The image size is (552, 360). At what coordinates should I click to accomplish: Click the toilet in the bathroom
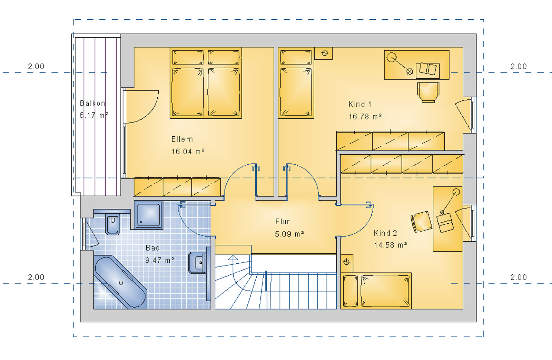[112, 225]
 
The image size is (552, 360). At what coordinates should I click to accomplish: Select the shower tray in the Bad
[149, 215]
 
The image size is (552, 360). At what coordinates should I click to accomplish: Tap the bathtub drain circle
[121, 283]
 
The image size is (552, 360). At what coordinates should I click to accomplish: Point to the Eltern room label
[182, 139]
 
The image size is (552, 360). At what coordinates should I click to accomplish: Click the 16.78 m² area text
[365, 117]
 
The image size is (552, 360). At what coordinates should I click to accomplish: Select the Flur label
[283, 222]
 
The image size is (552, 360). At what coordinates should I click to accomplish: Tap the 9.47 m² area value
[160, 260]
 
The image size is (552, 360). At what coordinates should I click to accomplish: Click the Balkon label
[92, 103]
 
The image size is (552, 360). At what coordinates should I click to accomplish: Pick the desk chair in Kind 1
[428, 92]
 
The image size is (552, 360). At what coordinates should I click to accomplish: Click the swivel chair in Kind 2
[422, 221]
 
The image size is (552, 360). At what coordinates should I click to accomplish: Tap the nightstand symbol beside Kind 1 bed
[324, 53]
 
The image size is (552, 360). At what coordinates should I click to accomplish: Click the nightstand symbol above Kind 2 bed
[347, 262]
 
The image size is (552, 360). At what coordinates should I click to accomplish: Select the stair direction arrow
[233, 257]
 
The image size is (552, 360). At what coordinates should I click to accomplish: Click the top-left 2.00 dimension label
[36, 66]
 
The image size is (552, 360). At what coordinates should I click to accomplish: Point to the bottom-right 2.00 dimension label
[519, 277]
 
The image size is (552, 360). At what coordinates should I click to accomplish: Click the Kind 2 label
[385, 233]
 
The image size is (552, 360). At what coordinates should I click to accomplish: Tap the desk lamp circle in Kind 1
[391, 57]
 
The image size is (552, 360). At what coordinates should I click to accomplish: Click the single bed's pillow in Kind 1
[296, 57]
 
